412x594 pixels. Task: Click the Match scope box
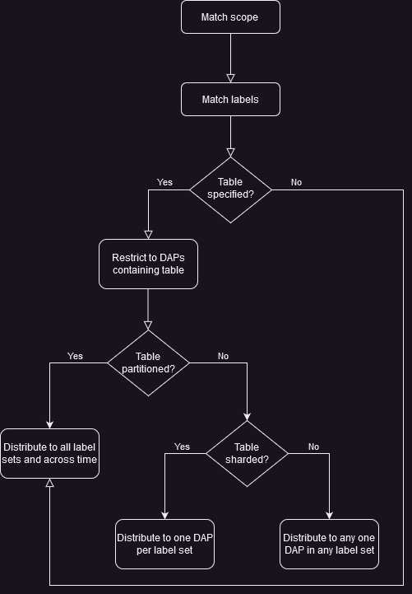tap(230, 17)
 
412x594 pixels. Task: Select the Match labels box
tap(230, 100)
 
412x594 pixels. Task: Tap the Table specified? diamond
tap(230, 189)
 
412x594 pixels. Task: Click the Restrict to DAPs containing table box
tap(148, 264)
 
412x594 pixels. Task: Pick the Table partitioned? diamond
tap(148, 362)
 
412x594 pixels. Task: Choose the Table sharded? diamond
tap(247, 453)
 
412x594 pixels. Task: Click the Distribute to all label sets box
tap(49, 453)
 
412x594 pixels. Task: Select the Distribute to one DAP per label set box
tap(164, 544)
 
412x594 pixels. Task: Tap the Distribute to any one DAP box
tap(329, 544)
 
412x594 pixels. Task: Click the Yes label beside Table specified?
tap(164, 182)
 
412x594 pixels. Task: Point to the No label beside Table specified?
tap(296, 182)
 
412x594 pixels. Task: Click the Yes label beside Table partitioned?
tap(75, 357)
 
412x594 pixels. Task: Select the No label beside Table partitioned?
tap(223, 357)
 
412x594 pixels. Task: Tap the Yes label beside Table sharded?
tap(182, 447)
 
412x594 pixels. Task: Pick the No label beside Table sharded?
tap(313, 447)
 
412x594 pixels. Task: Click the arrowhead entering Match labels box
tap(230, 78)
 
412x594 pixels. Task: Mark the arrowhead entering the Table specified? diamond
tap(230, 152)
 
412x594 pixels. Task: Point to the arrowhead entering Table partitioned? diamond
tap(148, 325)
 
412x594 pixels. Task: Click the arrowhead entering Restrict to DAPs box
tap(148, 235)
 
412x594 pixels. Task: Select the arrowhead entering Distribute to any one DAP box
tap(329, 516)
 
